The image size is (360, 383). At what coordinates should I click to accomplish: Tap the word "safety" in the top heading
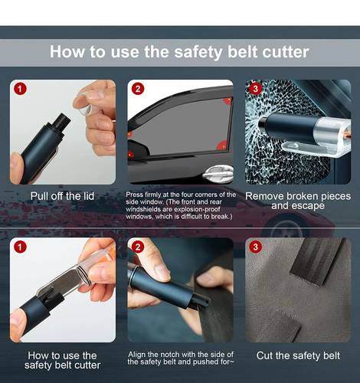pyautogui.click(x=198, y=52)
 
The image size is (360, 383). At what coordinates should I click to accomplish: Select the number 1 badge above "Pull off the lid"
pyautogui.click(x=20, y=89)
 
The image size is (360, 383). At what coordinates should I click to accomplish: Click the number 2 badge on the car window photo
pyautogui.click(x=138, y=89)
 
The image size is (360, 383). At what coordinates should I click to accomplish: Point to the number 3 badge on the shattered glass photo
pyautogui.click(x=255, y=89)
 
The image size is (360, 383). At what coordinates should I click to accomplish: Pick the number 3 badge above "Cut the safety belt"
pyautogui.click(x=255, y=247)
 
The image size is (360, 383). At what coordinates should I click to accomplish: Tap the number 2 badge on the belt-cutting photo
pyautogui.click(x=138, y=247)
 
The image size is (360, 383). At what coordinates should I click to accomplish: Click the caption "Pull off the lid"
pyautogui.click(x=62, y=196)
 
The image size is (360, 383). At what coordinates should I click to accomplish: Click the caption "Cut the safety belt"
pyautogui.click(x=298, y=355)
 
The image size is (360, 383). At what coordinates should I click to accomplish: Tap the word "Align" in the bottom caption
pyautogui.click(x=137, y=355)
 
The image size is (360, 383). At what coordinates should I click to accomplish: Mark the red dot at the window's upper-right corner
pyautogui.click(x=227, y=101)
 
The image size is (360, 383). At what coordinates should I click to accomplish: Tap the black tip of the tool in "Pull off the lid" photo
pyautogui.click(x=62, y=121)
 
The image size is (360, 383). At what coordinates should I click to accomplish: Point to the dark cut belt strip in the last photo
pyautogui.click(x=316, y=262)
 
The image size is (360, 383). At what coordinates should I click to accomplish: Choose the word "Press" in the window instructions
pyautogui.click(x=135, y=195)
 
